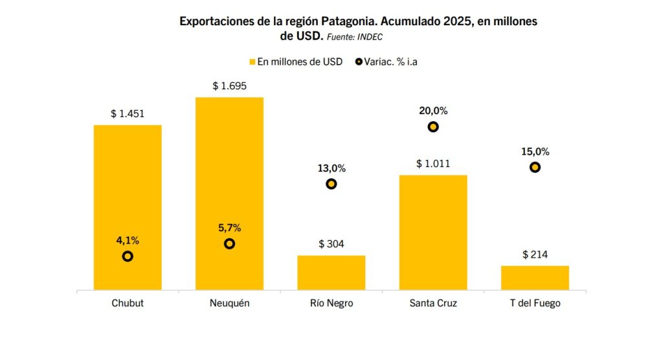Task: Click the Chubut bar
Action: (x=128, y=194)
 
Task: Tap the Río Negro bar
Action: (x=331, y=273)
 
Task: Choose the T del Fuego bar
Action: (x=535, y=278)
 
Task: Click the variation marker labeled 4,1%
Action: (x=128, y=256)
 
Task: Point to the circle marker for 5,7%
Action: (x=229, y=243)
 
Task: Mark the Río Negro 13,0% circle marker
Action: (x=331, y=184)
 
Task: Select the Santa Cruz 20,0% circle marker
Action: (x=433, y=127)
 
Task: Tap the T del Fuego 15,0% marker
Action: (x=535, y=167)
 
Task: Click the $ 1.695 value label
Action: (x=229, y=86)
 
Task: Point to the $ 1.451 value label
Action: (x=128, y=114)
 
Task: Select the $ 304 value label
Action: (x=331, y=244)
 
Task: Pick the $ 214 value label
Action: (x=535, y=254)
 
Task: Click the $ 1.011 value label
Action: (x=433, y=164)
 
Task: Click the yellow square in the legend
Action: (x=253, y=62)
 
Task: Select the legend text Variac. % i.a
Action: (x=396, y=62)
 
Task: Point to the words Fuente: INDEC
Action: (x=355, y=37)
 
